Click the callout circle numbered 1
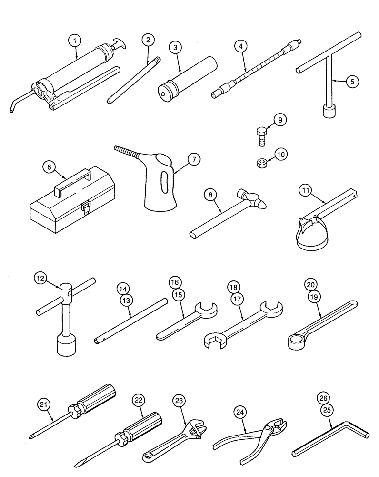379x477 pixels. point(74,41)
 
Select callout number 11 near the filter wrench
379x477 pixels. point(306,191)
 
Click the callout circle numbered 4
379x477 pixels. point(241,47)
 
